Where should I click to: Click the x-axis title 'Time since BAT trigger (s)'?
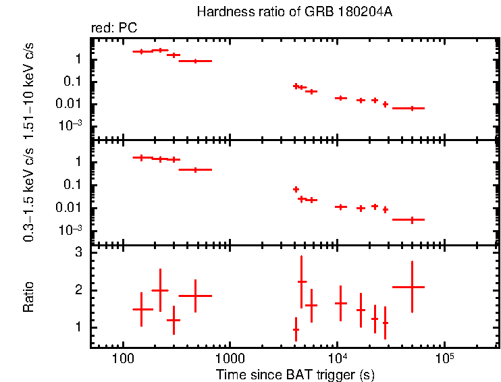[x=296, y=374]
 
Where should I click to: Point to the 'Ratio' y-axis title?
[x=28, y=298]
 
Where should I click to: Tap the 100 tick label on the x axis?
[x=122, y=358]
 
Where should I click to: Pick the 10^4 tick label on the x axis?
[x=336, y=358]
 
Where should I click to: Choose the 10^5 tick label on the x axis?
[x=444, y=358]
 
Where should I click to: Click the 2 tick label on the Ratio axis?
[x=79, y=290]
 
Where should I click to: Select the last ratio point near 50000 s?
[x=412, y=287]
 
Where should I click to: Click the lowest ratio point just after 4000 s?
[x=296, y=329]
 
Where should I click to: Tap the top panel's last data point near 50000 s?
[x=412, y=108]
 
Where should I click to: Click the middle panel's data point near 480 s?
[x=195, y=169]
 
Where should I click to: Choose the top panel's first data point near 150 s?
[x=141, y=51]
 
